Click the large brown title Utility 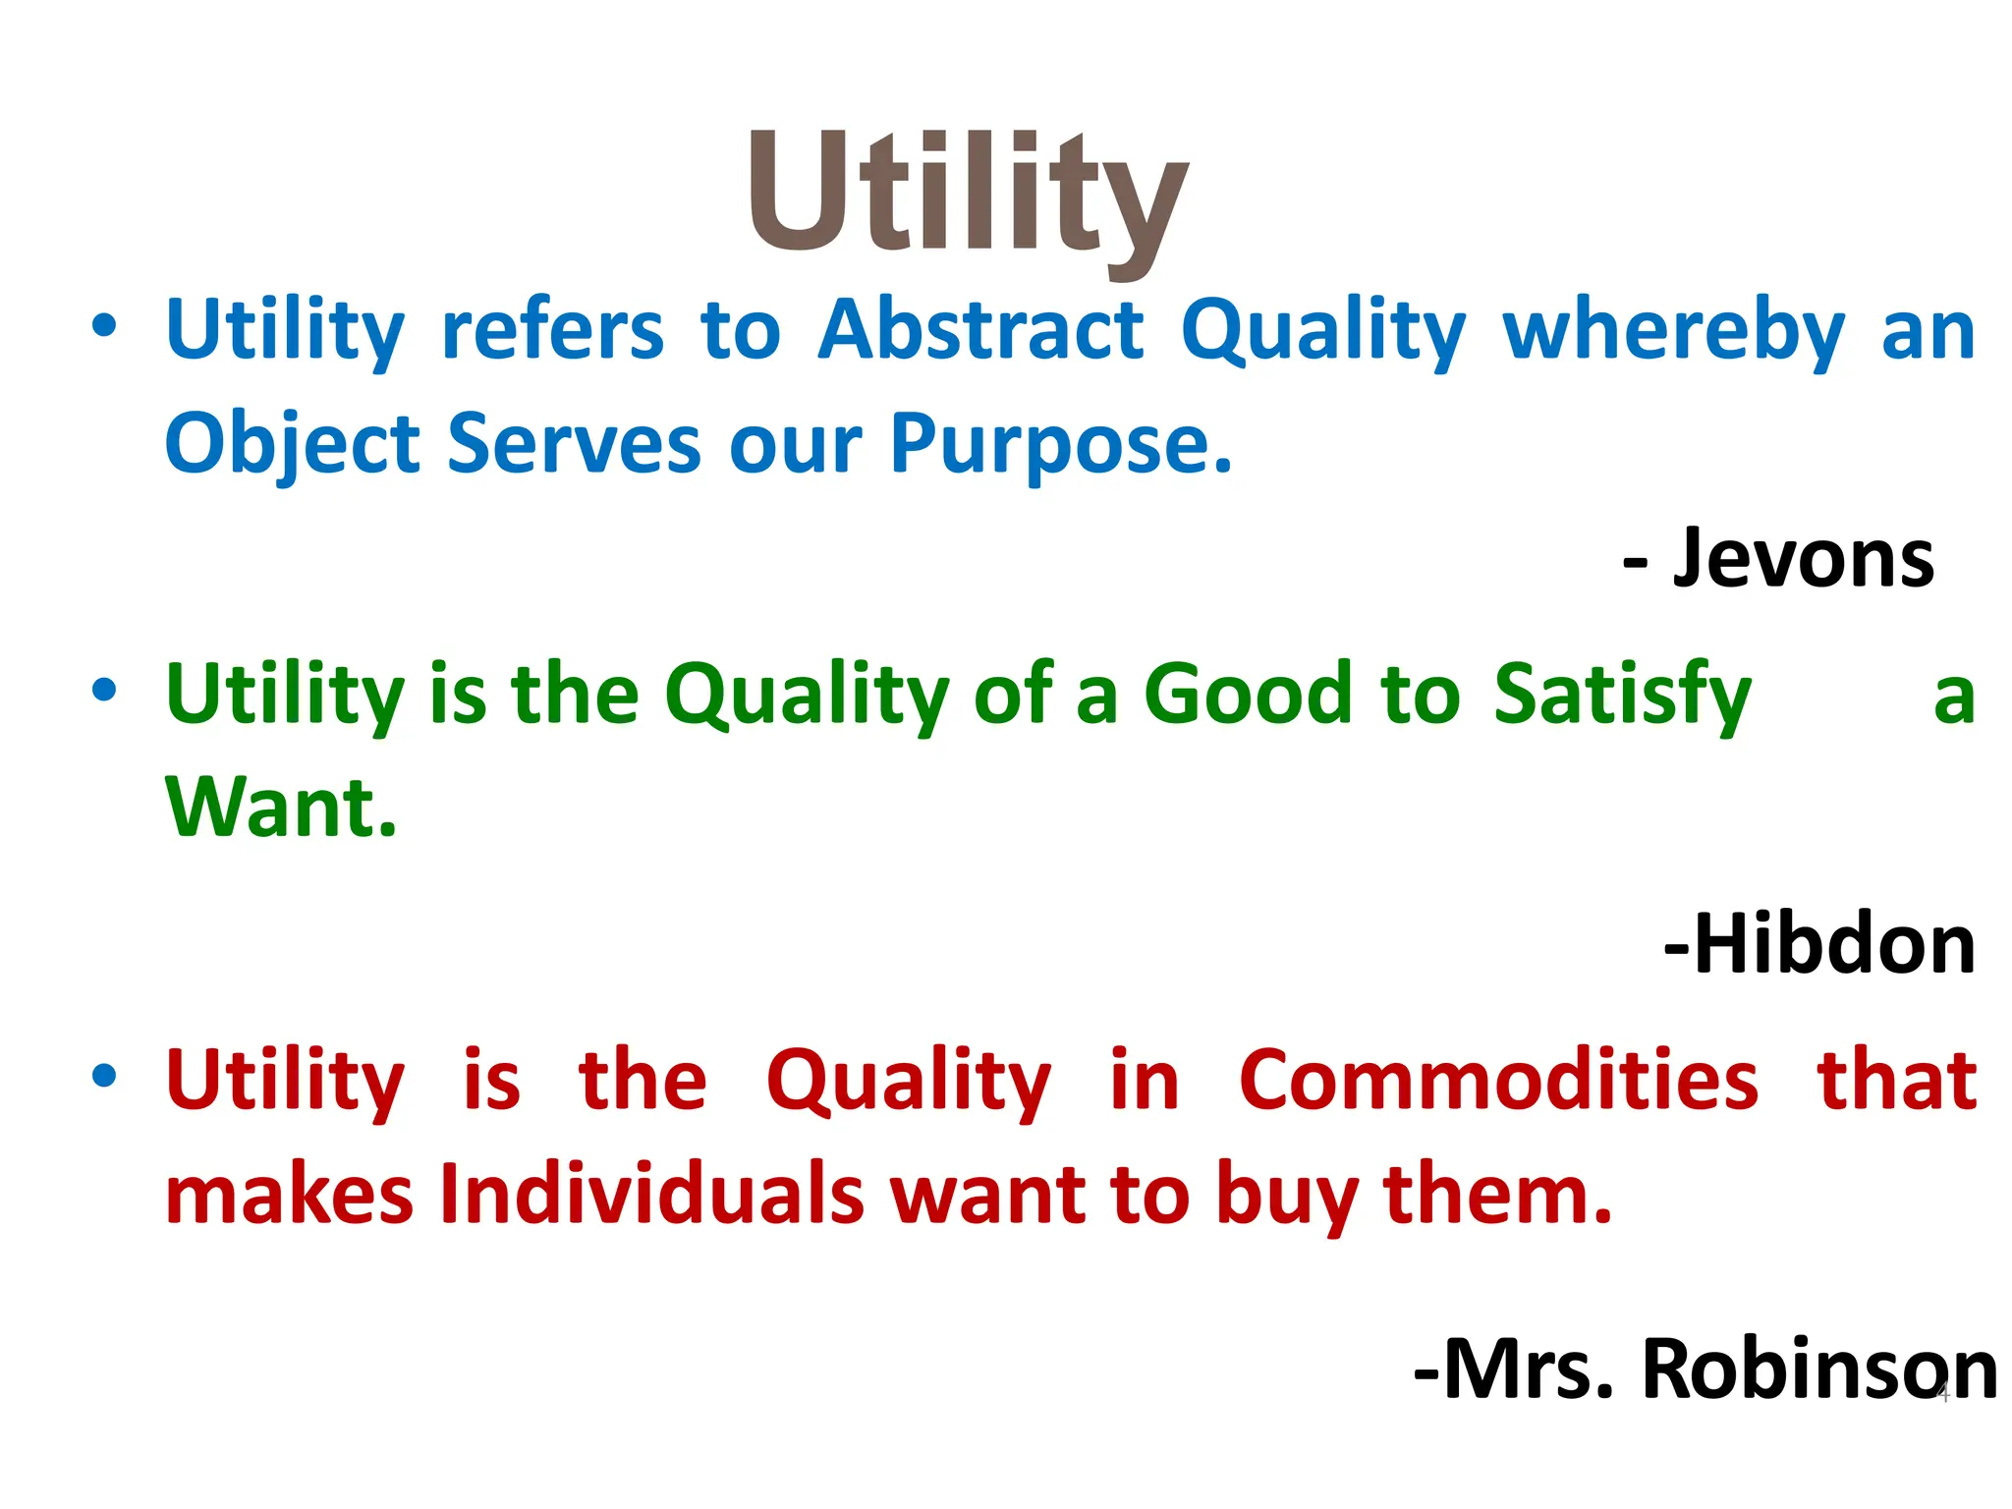tap(968, 196)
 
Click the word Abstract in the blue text tap(981, 330)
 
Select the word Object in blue tap(292, 445)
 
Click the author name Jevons tap(1804, 559)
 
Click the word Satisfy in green tap(1622, 696)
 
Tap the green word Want tap(281, 808)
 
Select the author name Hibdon tap(1833, 944)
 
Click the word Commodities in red tap(1498, 1081)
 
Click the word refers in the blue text tap(553, 330)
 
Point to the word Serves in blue tap(574, 445)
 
